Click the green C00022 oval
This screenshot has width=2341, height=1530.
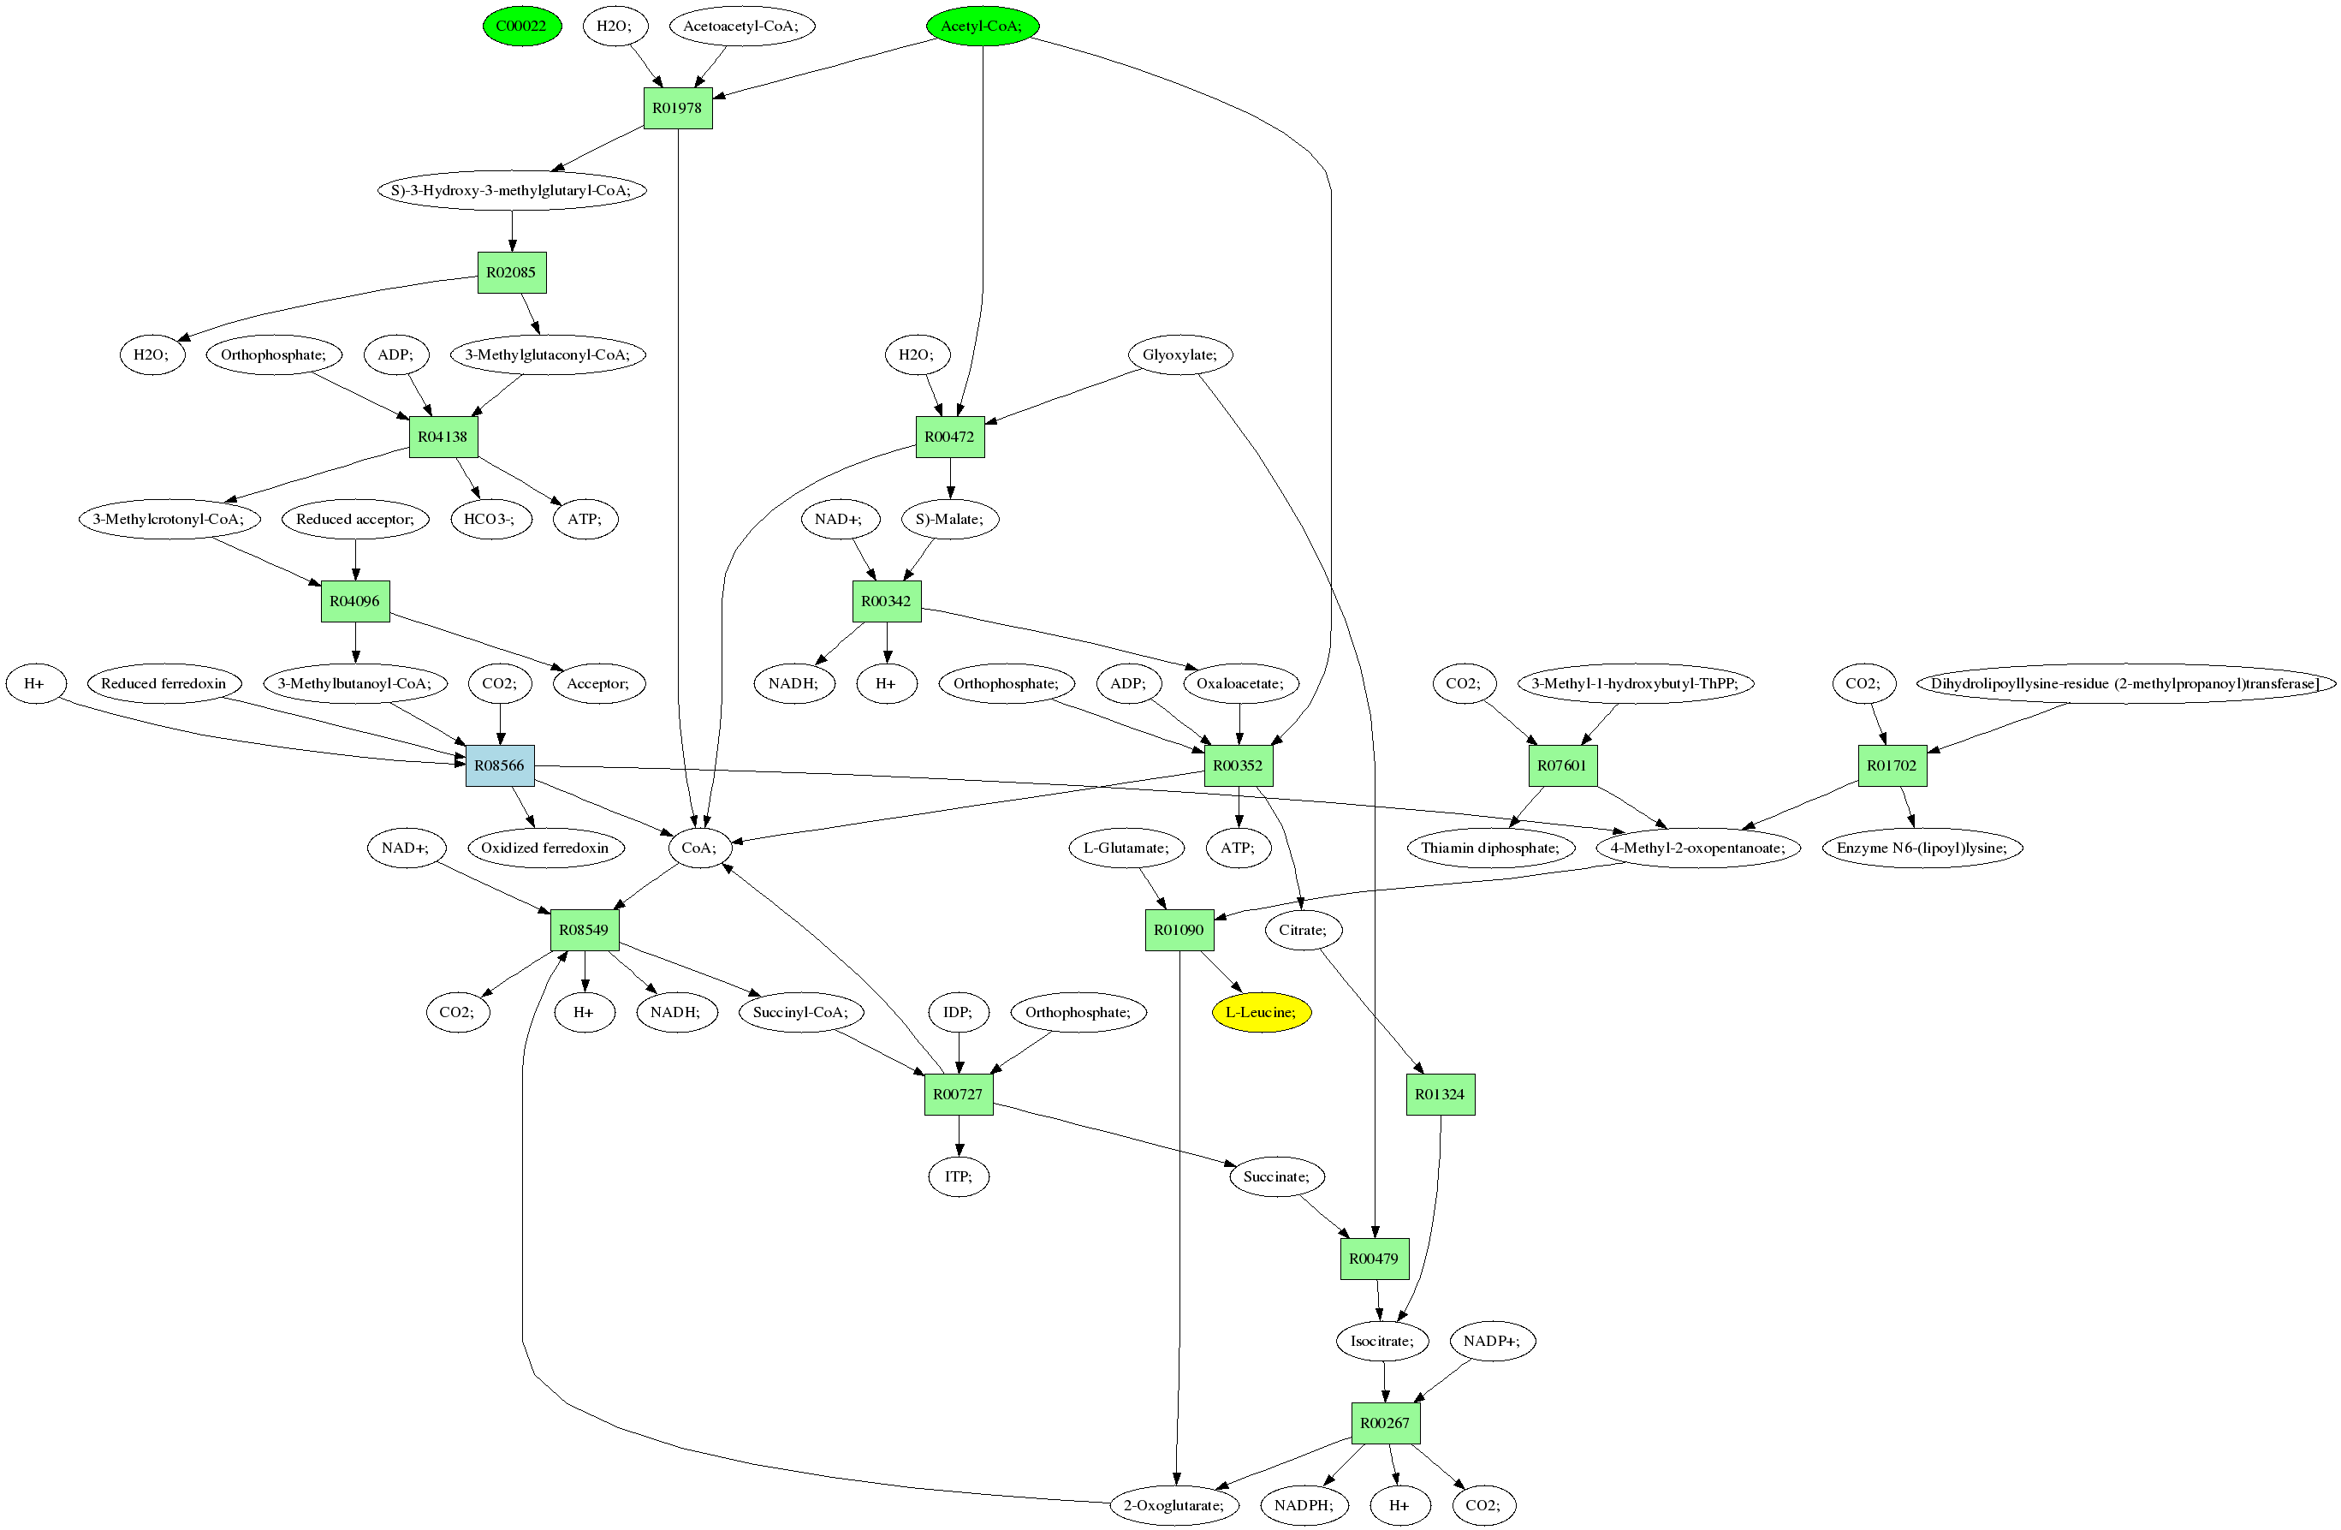[521, 26]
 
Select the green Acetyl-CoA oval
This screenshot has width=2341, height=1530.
[982, 26]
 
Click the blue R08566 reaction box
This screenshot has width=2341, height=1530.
[500, 765]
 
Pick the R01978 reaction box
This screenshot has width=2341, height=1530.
[678, 108]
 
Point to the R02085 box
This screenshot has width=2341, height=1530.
[512, 272]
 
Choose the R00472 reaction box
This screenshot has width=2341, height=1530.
[949, 437]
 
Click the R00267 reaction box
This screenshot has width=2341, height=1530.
[1385, 1423]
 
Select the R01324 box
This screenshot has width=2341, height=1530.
[1440, 1094]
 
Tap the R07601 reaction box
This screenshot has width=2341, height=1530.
[1562, 765]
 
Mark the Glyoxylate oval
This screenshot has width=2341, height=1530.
[1179, 355]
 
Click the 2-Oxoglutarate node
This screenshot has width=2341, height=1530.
[1174, 1505]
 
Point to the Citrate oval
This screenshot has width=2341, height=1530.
[1302, 930]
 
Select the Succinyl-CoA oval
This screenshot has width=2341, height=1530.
[800, 1013]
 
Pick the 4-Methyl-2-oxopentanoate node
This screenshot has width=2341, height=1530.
[1697, 848]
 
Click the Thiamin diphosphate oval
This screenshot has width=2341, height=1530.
[1490, 848]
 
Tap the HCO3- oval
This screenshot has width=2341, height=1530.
[490, 520]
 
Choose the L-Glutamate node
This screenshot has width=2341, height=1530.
[1126, 848]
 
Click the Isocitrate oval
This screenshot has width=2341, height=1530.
[1382, 1341]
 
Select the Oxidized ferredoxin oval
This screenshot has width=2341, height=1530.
[545, 848]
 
